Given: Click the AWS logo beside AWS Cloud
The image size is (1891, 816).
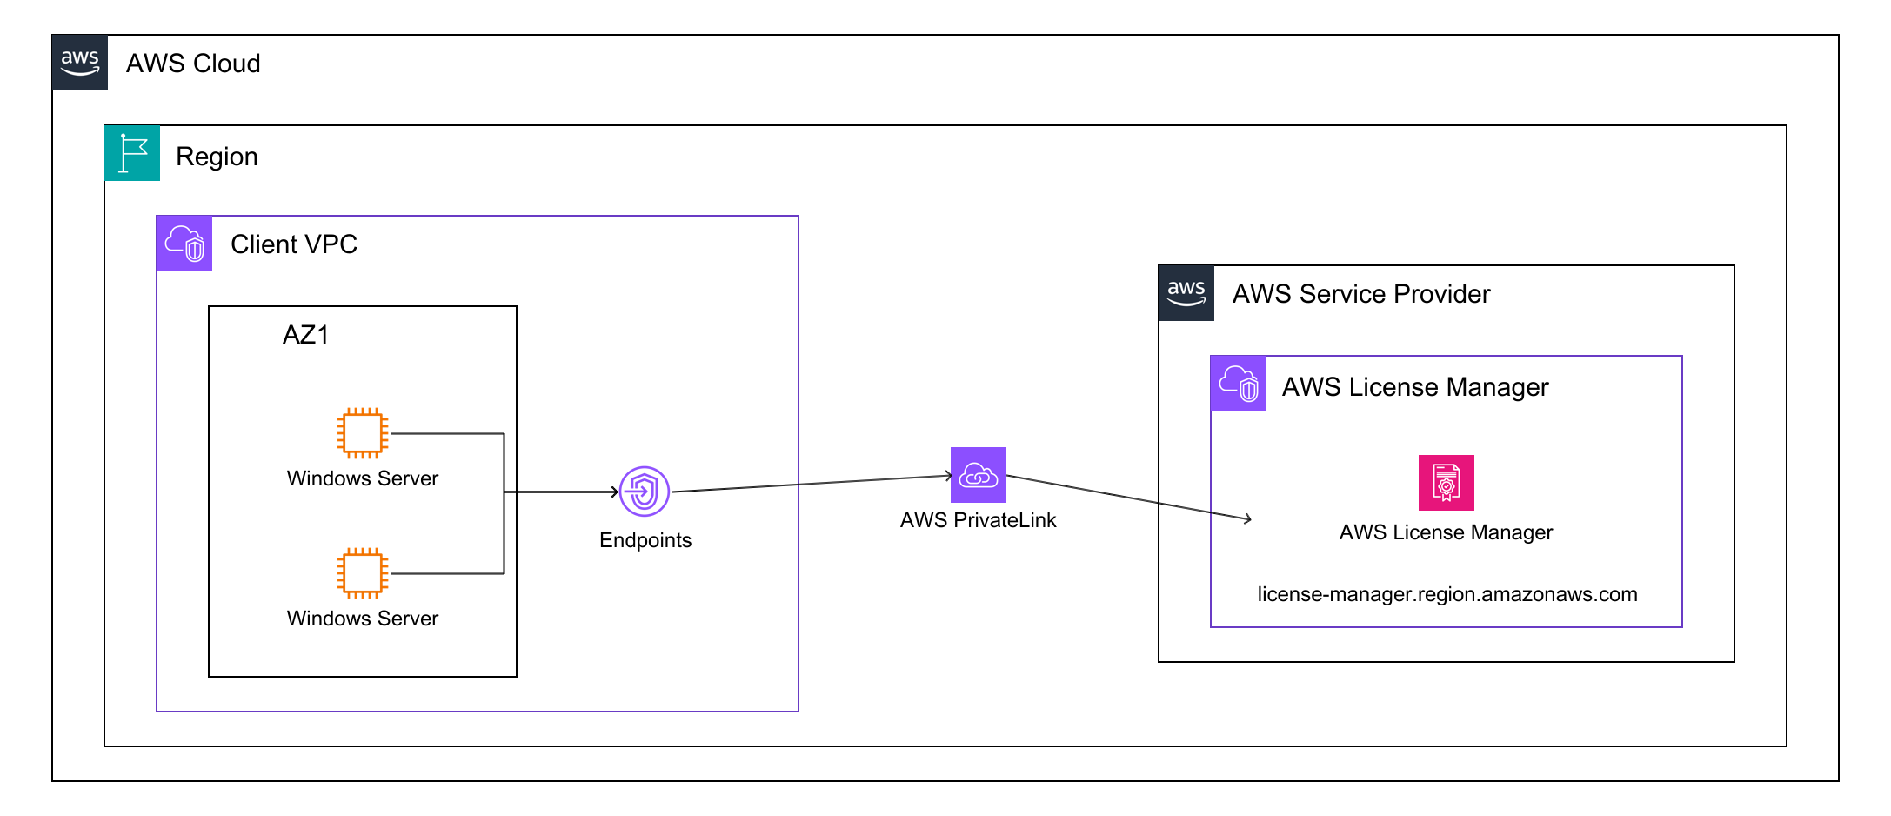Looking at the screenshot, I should click(80, 63).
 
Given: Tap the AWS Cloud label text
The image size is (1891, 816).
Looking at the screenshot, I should click(193, 64).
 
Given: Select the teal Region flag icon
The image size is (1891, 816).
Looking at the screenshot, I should click(132, 153).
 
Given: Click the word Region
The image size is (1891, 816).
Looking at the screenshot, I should click(217, 157).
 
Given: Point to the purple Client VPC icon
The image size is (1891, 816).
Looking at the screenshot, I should click(184, 244).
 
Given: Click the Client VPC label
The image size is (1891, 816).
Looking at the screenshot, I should click(294, 244).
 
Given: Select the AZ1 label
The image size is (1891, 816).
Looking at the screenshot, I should click(305, 335).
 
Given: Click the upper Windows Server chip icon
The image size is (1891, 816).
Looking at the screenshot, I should click(363, 432).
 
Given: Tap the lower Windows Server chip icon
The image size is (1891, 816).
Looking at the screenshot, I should click(363, 572).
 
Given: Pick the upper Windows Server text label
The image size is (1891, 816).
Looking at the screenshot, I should click(363, 478).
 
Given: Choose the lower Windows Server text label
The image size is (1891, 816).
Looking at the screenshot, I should click(363, 619).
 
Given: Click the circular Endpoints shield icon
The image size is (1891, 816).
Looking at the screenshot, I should click(645, 492).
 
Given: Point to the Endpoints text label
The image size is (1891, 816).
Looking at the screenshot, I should click(645, 540).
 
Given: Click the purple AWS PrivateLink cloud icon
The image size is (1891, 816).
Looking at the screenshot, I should click(979, 475).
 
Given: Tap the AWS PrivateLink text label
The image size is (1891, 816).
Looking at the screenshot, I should click(978, 520).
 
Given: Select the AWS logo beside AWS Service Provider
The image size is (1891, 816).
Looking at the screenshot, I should click(1186, 293).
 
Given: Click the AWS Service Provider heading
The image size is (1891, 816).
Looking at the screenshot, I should click(1361, 294).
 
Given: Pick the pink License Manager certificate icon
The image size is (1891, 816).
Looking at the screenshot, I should click(1447, 482).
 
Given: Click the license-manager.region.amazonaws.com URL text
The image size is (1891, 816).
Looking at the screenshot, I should click(1447, 594).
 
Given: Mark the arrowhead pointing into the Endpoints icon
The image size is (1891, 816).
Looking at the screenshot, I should click(614, 492).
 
